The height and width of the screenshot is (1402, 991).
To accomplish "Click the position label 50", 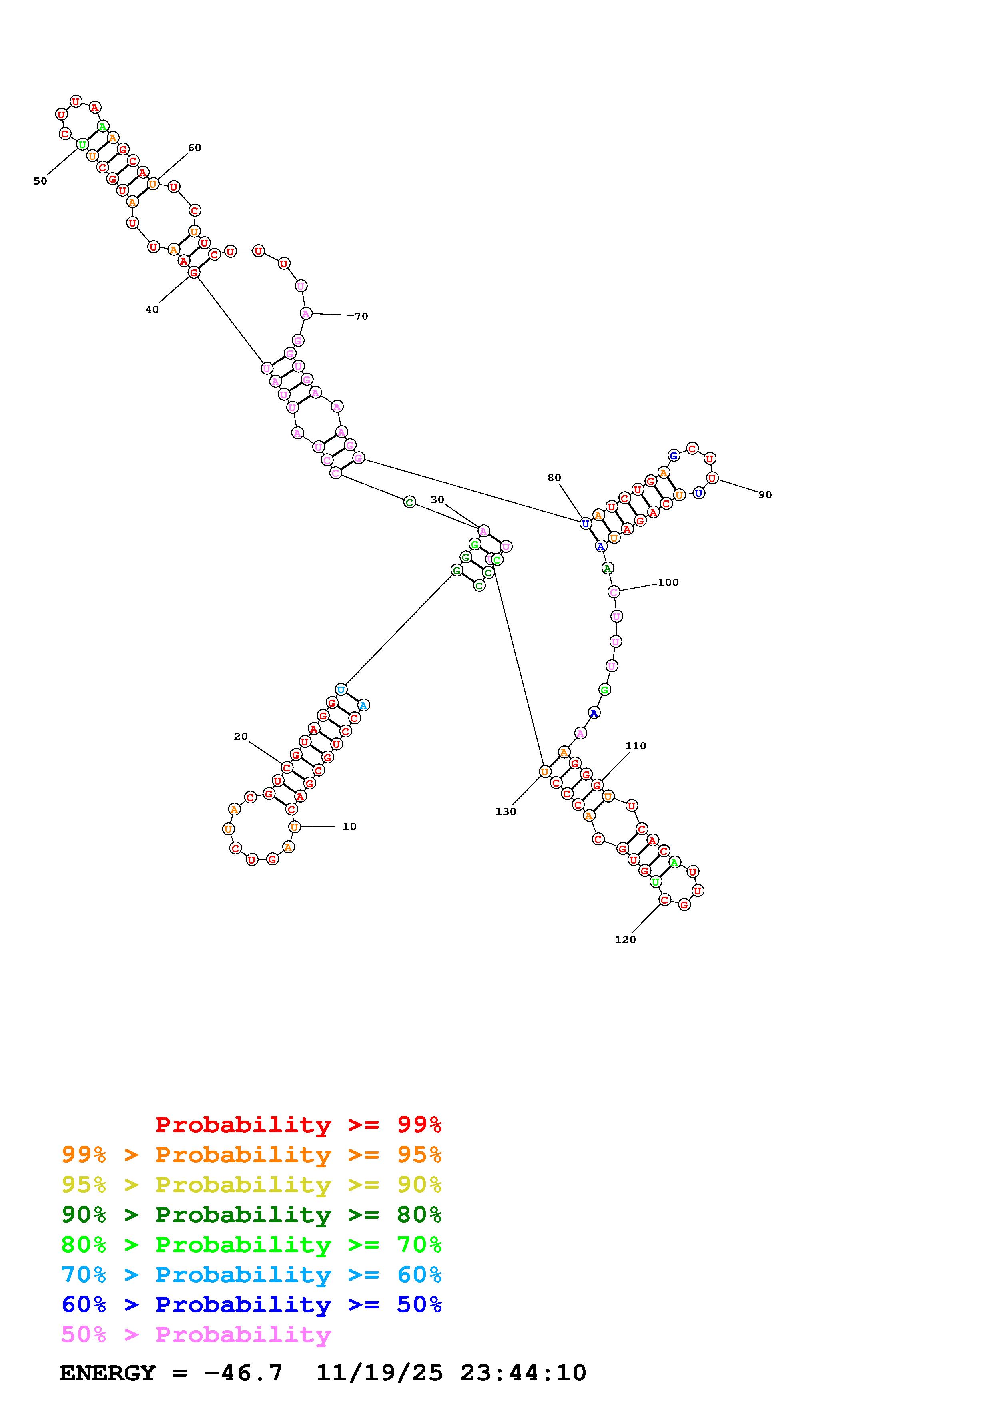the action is click(40, 181).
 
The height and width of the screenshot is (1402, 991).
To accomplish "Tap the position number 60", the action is click(195, 148).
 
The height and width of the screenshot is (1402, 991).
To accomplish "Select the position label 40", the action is click(152, 310).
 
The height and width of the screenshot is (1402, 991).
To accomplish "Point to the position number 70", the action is click(361, 316).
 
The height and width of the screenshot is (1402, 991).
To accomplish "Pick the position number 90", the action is click(765, 495).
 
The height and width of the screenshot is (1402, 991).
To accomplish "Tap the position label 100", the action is click(668, 583).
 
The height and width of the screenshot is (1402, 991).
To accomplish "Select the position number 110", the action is click(636, 746).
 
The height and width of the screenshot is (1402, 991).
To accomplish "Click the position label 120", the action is click(625, 940).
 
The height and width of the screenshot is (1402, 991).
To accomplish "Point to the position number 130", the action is click(506, 812).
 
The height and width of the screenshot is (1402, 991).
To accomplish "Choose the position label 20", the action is click(241, 737).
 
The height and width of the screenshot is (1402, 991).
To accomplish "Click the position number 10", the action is click(349, 827).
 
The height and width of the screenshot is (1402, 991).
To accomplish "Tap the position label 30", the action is click(437, 500).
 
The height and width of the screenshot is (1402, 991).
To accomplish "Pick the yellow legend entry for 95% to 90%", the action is click(251, 1185).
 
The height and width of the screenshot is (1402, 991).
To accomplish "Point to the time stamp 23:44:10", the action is click(523, 1373).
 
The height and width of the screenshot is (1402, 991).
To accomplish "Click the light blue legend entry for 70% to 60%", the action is click(251, 1275).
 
